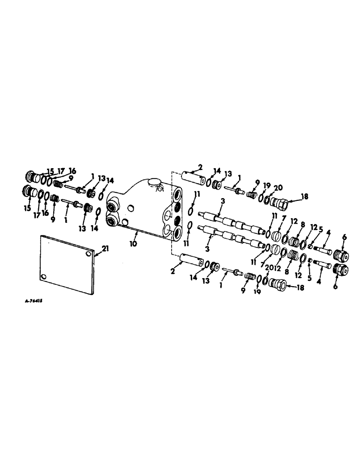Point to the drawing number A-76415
(x=32, y=301)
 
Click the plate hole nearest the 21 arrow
(x=89, y=255)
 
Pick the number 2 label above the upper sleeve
(x=200, y=166)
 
